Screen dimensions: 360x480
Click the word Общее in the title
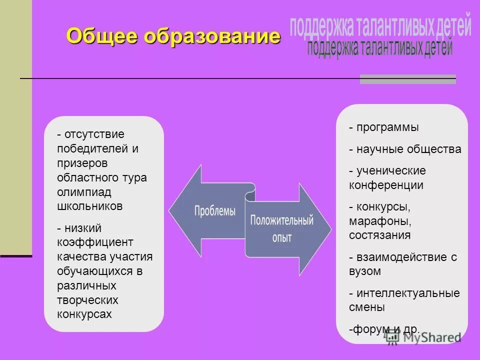point(103,36)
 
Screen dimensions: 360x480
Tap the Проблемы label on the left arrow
point(214,210)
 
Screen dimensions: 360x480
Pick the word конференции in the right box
point(386,185)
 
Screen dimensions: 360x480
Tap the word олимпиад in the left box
point(84,192)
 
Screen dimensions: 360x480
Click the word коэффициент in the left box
point(95,242)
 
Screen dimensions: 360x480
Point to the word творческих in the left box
point(87,300)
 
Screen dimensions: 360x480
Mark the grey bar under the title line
point(407,79)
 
